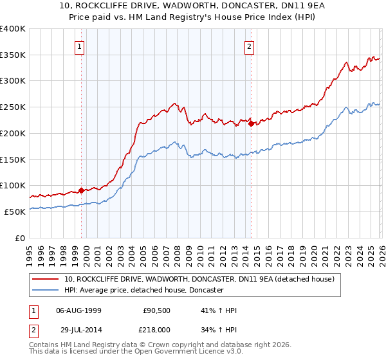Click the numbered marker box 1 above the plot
[x=78, y=46]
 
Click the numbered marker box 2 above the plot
[x=248, y=46]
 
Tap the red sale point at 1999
[x=82, y=190]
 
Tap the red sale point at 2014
[x=251, y=123]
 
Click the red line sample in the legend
[x=46, y=280]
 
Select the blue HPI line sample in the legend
[x=46, y=291]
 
